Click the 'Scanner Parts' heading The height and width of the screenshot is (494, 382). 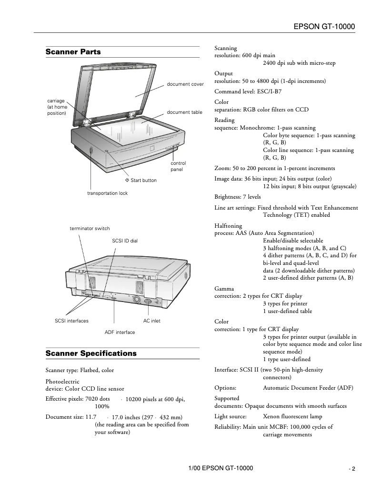pyautogui.click(x=73, y=52)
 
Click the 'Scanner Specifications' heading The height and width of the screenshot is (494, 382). pyautogui.click(x=91, y=353)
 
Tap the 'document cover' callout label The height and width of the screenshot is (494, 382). pyautogui.click(x=185, y=84)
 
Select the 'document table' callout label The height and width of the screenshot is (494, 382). pyautogui.click(x=184, y=112)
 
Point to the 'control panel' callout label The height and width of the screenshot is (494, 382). pyautogui.click(x=178, y=166)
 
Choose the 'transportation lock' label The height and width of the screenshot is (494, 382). pyautogui.click(x=107, y=193)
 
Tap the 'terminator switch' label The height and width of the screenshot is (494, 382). pyautogui.click(x=90, y=229)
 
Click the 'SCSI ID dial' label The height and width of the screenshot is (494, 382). pyautogui.click(x=125, y=241)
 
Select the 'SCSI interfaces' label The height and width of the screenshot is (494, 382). pyautogui.click(x=72, y=321)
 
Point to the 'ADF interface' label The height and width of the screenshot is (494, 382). pyautogui.click(x=120, y=332)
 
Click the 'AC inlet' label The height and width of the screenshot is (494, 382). pyautogui.click(x=152, y=321)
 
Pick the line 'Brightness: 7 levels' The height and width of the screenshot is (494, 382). pyautogui.click(x=238, y=197)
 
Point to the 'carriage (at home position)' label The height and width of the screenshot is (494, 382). pyautogui.click(x=57, y=107)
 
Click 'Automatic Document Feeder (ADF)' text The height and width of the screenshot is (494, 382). pyautogui.click(x=308, y=388)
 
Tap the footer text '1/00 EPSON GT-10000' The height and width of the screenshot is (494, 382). pyautogui.click(x=221, y=468)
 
